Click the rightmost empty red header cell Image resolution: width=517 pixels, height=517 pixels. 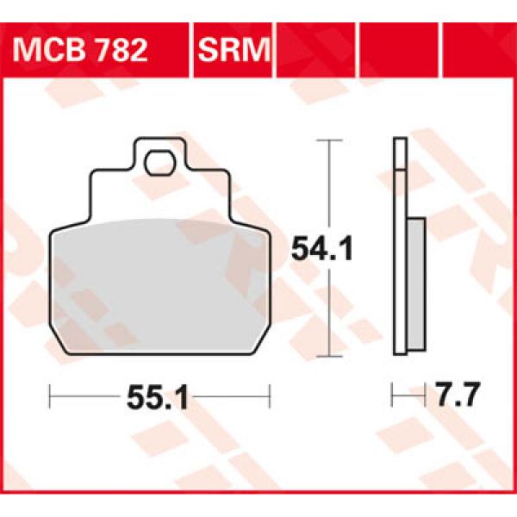pos(477,47)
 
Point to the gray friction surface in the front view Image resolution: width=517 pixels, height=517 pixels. pos(159,284)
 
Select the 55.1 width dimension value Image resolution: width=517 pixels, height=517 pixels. pos(159,398)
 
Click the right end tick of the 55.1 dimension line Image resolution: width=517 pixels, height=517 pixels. pos(270,398)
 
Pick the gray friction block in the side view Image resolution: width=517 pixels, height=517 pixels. pos(415,284)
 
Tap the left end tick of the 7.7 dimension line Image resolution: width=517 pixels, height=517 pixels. pos(393,397)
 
